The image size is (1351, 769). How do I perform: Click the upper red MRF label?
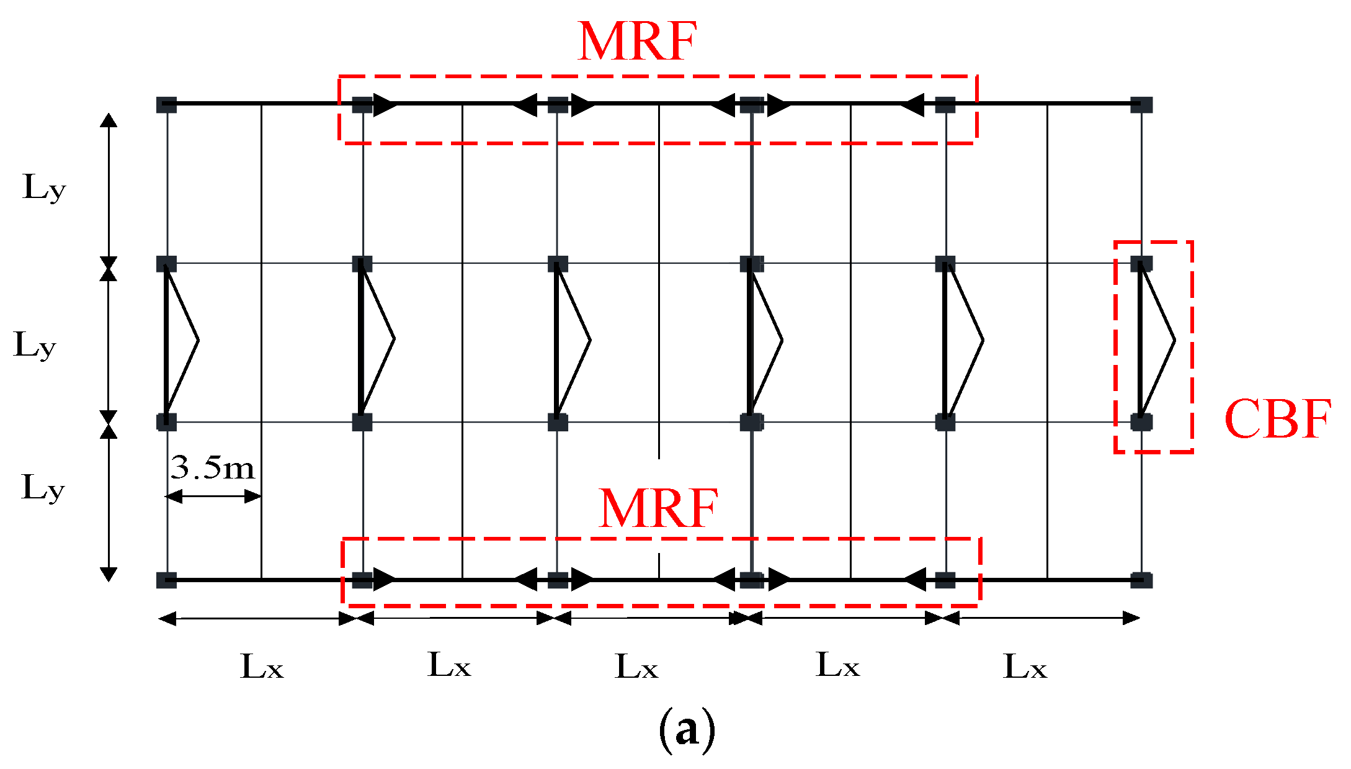point(637,42)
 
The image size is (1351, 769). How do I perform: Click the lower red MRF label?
point(658,509)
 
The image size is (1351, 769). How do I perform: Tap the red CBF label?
point(1278,420)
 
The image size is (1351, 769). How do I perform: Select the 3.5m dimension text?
point(213,467)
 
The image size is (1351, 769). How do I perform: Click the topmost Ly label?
point(43,187)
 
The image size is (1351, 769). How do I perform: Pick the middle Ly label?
point(35,345)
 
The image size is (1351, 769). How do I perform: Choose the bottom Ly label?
point(43,488)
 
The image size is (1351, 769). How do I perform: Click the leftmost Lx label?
point(262,668)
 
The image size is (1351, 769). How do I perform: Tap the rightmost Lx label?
point(1025,668)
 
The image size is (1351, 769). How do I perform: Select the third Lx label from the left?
point(636,668)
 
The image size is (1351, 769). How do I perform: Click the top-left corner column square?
point(166,105)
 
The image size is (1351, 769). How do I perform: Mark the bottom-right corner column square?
point(1141,580)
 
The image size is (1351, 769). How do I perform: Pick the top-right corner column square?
point(1141,105)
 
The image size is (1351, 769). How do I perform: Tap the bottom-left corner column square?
point(166,580)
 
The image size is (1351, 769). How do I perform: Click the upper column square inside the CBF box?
point(1141,264)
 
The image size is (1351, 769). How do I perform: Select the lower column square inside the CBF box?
point(1141,422)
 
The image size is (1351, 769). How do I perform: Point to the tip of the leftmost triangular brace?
point(198,340)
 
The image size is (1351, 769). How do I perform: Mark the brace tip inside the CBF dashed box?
point(1174,340)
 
